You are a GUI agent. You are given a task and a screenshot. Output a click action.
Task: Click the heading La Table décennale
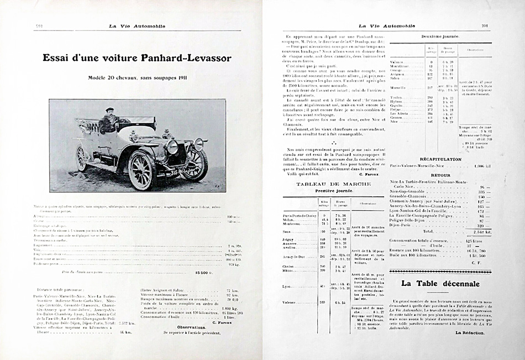coord(440,284)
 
